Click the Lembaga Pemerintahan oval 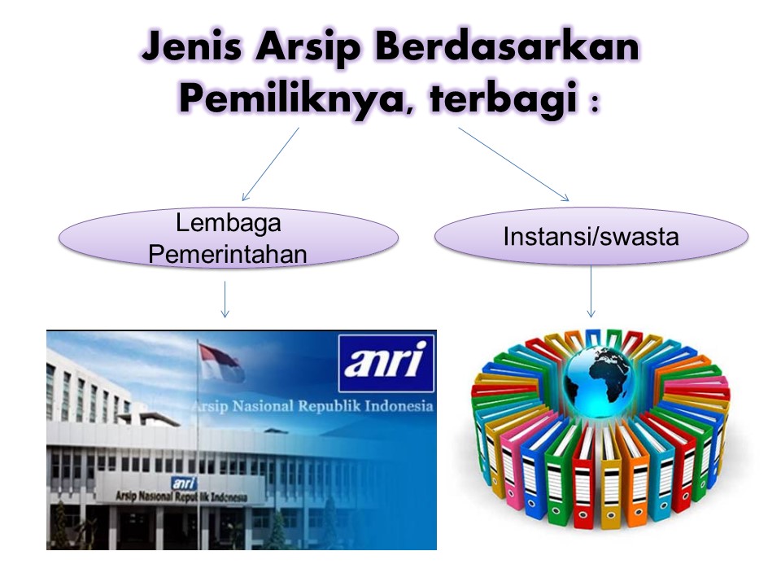click(x=228, y=238)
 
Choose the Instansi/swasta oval click(x=591, y=237)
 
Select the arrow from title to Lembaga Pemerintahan click(x=270, y=164)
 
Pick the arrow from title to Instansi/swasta click(x=513, y=164)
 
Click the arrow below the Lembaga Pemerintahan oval click(x=225, y=299)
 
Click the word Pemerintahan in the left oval click(x=228, y=254)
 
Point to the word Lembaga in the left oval click(x=228, y=221)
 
